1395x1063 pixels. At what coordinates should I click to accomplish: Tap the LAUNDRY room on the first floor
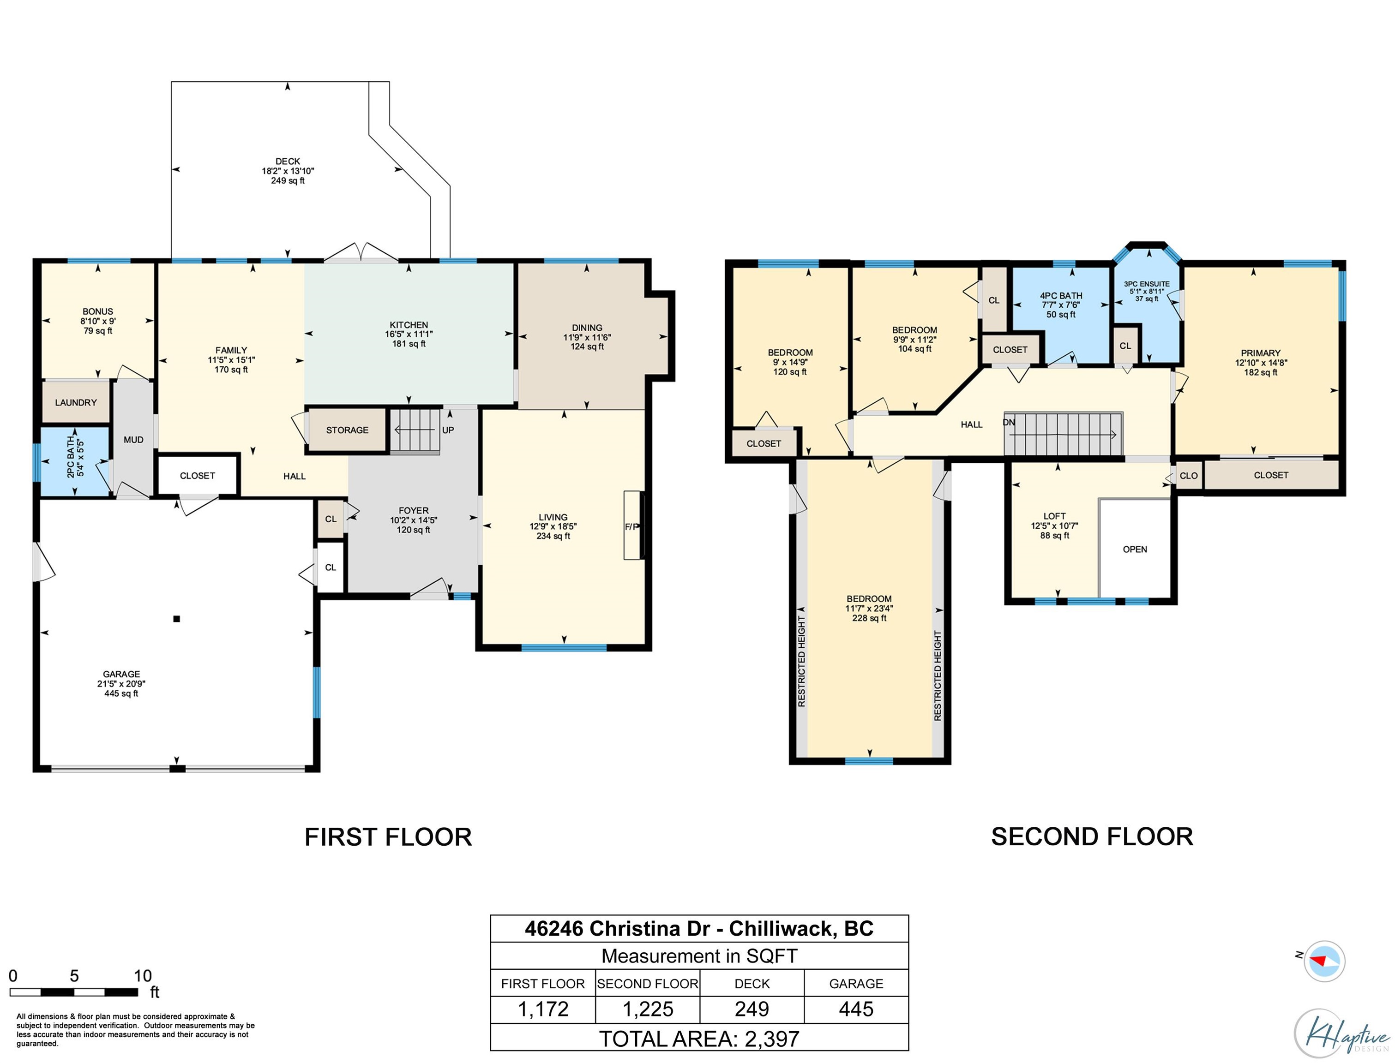(76, 402)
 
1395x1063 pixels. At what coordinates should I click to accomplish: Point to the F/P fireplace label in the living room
(631, 526)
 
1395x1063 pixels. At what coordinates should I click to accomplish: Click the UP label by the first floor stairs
(448, 430)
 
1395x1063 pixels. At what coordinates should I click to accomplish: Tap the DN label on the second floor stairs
(1009, 422)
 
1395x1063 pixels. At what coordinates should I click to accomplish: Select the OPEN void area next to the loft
(1135, 549)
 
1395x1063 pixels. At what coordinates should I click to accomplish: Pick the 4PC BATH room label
(1061, 295)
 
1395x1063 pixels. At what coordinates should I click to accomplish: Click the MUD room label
(133, 440)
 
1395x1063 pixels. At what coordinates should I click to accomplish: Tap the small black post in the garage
(177, 619)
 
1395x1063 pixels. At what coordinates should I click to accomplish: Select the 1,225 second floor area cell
(648, 1009)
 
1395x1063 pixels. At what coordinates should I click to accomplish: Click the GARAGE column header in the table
(856, 983)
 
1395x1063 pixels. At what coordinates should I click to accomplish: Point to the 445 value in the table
(856, 1009)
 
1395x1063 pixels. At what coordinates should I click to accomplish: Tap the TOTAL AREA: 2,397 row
(699, 1039)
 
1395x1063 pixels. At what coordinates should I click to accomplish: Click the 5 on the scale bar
(74, 976)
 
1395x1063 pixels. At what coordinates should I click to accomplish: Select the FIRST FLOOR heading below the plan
(388, 837)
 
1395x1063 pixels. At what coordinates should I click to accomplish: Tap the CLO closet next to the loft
(1189, 475)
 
